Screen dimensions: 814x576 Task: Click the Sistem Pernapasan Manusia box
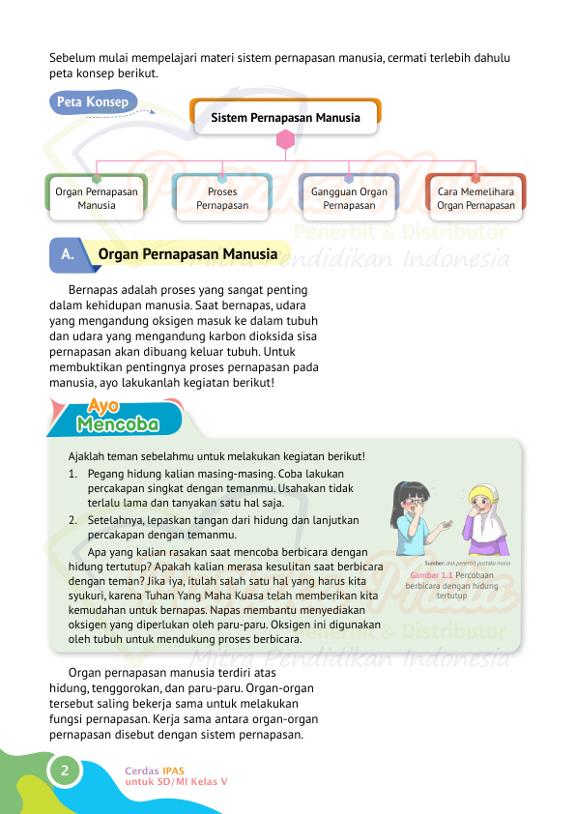coord(285,118)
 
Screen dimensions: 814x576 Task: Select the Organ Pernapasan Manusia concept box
coord(97,198)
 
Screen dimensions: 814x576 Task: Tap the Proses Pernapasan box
coord(222,198)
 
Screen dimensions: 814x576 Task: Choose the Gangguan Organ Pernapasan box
coord(349,198)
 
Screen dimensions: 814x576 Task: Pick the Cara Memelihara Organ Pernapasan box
coord(475,198)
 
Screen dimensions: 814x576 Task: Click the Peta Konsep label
coord(93,102)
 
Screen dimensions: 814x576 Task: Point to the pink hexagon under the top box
coord(285,140)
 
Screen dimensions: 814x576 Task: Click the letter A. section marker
coord(67,255)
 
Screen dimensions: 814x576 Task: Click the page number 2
coord(64,770)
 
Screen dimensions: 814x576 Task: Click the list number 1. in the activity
coord(74,475)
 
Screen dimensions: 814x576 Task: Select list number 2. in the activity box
coord(74,519)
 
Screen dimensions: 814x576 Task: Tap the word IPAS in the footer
coord(173,770)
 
